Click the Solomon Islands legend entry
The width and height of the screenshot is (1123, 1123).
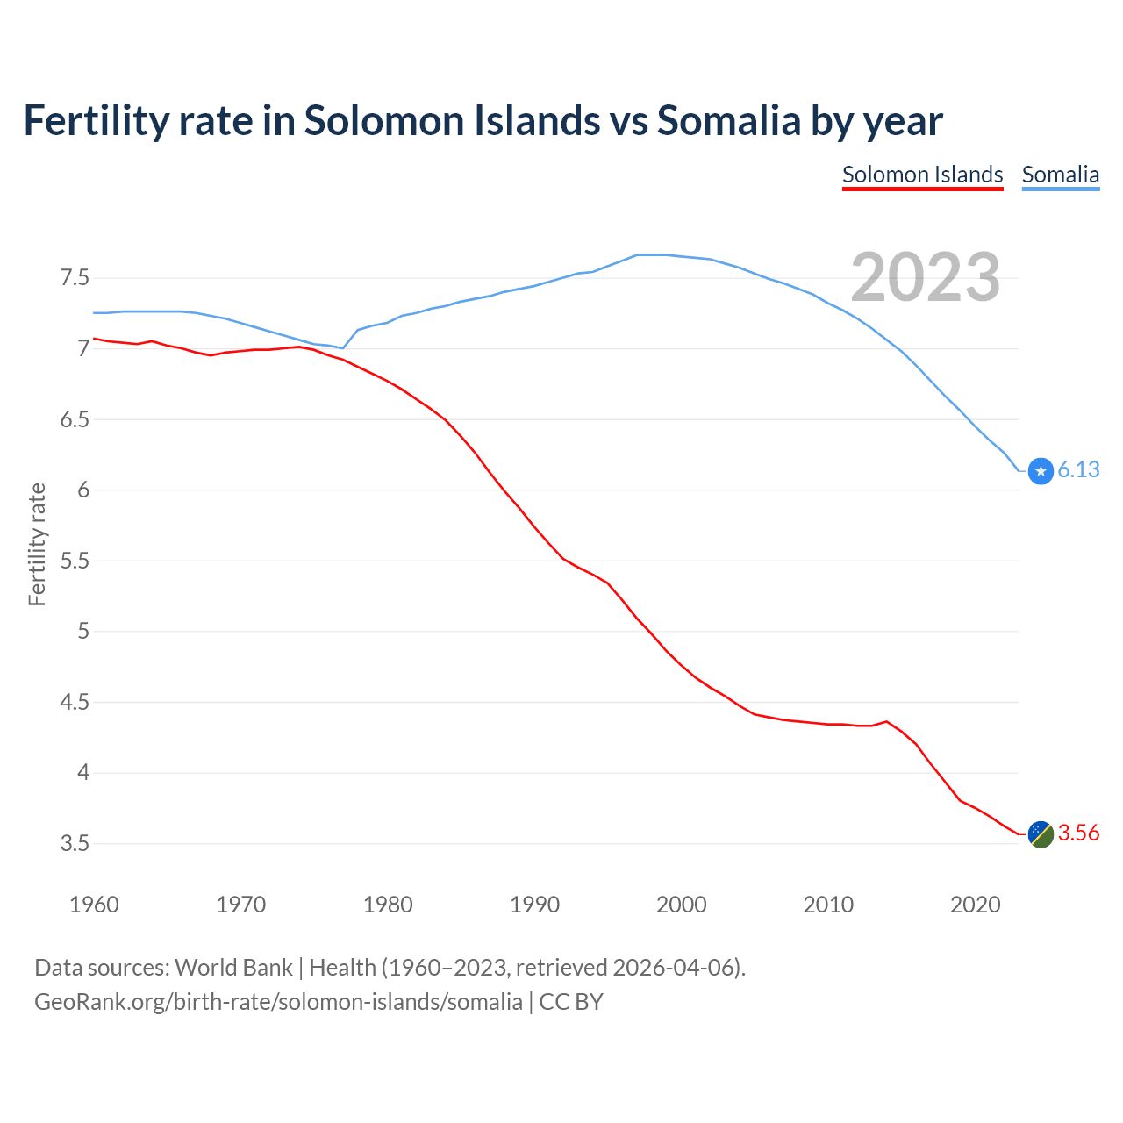pyautogui.click(x=922, y=175)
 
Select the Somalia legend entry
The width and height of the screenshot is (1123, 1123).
pyautogui.click(x=1060, y=175)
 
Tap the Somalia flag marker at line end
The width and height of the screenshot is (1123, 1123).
pyautogui.click(x=1041, y=471)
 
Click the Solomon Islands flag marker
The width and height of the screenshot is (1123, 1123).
pyautogui.click(x=1041, y=834)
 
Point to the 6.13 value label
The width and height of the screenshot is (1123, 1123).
pyautogui.click(x=1078, y=470)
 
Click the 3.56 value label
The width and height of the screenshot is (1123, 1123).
pyautogui.click(x=1078, y=833)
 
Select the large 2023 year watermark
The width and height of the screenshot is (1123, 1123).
pyautogui.click(x=925, y=277)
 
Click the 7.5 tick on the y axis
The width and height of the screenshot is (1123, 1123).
pyautogui.click(x=75, y=278)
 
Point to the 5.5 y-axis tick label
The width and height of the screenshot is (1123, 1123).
pyautogui.click(x=75, y=561)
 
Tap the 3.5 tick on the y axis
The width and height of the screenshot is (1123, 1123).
pyautogui.click(x=75, y=844)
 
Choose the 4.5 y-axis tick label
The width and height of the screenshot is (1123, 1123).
pyautogui.click(x=75, y=703)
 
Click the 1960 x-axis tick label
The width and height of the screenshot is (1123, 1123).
pyautogui.click(x=94, y=905)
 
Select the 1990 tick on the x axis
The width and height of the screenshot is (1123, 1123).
pyautogui.click(x=534, y=905)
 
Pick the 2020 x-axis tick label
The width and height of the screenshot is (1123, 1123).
pyautogui.click(x=975, y=905)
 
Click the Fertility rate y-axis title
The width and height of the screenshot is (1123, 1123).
pyautogui.click(x=37, y=544)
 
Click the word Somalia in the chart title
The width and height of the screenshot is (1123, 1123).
pyautogui.click(x=729, y=120)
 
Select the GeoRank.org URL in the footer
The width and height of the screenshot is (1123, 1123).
pyautogui.click(x=278, y=1002)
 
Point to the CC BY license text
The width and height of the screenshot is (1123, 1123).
pyautogui.click(x=571, y=1002)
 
